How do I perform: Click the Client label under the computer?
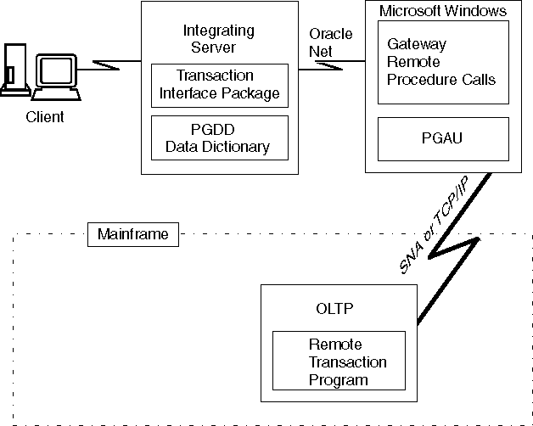45,117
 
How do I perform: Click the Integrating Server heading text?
219,38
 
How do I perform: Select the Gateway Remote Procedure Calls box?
442,62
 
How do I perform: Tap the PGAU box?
442,137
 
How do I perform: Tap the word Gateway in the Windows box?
416,44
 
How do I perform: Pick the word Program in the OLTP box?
339,380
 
